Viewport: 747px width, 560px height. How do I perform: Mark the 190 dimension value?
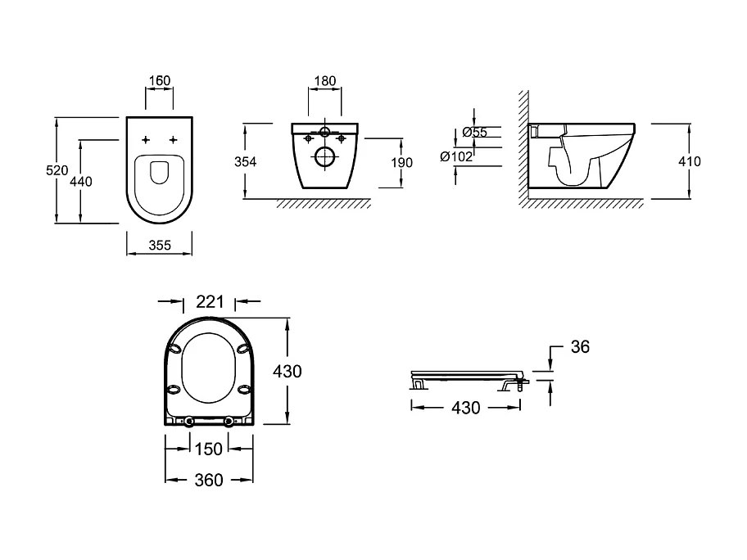coord(401,162)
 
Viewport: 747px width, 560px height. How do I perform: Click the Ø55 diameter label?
coord(474,132)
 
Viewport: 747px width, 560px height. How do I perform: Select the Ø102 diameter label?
coord(456,156)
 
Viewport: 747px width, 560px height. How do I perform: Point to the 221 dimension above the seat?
coord(211,302)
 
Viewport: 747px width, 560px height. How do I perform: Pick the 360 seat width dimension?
coord(209,481)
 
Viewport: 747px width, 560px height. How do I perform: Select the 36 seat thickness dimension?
coord(580,347)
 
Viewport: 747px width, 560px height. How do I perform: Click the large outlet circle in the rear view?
coord(324,158)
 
